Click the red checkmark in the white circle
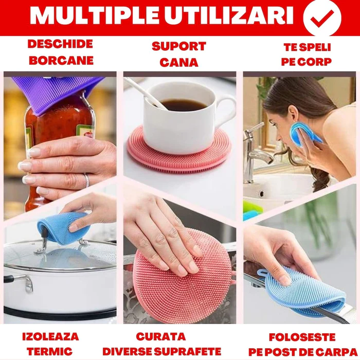click(322, 19)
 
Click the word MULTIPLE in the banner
click(94, 15)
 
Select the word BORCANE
click(61, 61)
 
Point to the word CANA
click(179, 62)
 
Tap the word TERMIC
click(49, 351)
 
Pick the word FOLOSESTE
click(302, 337)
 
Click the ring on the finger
click(86, 180)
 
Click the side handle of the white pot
click(20, 282)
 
